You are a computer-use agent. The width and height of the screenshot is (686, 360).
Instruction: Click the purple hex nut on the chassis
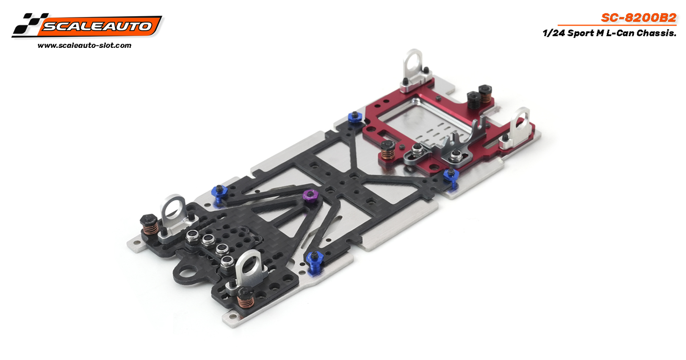(x=310, y=196)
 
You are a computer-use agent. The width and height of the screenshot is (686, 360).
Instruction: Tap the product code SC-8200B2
(x=639, y=18)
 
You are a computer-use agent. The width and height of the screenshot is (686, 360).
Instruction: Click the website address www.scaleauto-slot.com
(x=85, y=45)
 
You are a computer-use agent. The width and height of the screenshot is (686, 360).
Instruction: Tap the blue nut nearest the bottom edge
(x=315, y=260)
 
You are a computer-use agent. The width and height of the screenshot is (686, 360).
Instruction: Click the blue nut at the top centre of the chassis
(x=355, y=118)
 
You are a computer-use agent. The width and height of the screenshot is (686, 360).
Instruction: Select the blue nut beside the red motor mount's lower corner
(x=451, y=176)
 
